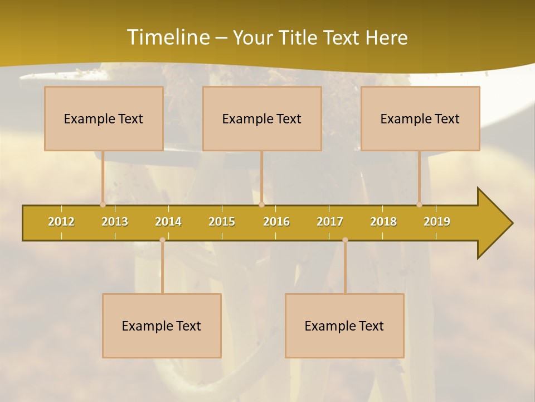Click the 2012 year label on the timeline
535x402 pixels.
click(61, 222)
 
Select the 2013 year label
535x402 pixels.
click(115, 222)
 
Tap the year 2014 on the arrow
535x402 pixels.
click(168, 222)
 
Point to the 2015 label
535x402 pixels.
click(222, 222)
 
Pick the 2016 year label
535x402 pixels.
click(276, 222)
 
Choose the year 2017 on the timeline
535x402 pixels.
click(330, 222)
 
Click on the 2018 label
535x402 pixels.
click(383, 222)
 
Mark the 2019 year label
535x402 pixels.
click(437, 222)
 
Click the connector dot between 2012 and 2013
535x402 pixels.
click(103, 205)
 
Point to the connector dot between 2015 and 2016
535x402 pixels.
click(261, 205)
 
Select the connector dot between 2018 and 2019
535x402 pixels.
click(419, 205)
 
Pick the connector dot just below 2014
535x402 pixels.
click(162, 240)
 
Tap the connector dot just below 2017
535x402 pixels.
click(345, 240)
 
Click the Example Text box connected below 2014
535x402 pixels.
click(162, 326)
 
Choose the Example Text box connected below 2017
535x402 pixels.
click(344, 326)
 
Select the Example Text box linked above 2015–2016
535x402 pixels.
click(262, 118)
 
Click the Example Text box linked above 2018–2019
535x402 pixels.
click(420, 118)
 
